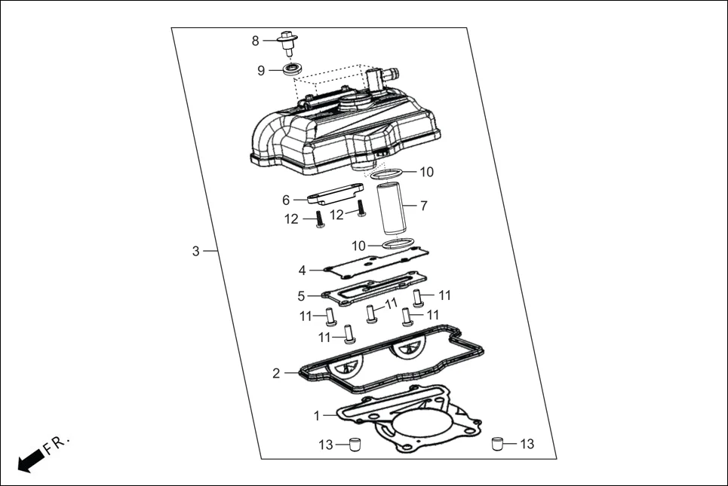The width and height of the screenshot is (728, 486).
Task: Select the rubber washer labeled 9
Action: coord(293,70)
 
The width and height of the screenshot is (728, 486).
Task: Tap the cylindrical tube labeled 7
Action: coord(392,209)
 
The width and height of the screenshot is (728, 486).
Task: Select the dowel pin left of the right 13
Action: coord(497,443)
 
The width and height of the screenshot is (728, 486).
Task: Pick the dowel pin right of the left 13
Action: coord(353,444)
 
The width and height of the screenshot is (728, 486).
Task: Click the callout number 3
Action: coord(195,251)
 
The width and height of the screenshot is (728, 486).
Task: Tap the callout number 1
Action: coord(318,414)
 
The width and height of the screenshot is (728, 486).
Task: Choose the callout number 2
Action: coord(276,373)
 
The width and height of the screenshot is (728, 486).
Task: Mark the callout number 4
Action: coord(302,270)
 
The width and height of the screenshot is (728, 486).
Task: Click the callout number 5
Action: coord(301,295)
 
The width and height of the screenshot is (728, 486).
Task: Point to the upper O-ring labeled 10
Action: coord(386,175)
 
